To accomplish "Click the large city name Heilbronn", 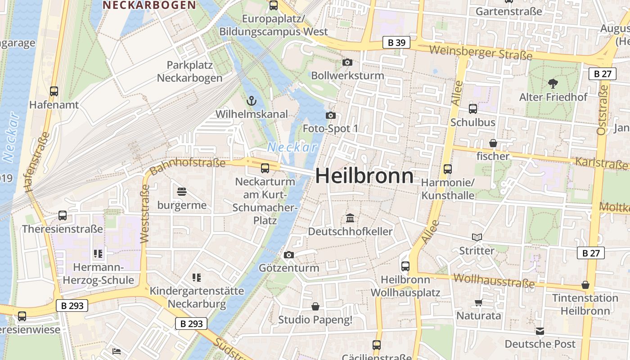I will click(x=364, y=175).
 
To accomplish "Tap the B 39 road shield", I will click(x=396, y=43).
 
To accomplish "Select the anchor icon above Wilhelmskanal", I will click(x=252, y=101).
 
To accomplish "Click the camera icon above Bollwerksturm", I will click(x=347, y=62).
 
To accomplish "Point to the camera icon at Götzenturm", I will click(x=289, y=255).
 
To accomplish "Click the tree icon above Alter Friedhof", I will click(x=553, y=83).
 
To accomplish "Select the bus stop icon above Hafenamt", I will click(x=54, y=91).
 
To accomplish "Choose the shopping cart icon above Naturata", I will click(x=478, y=302).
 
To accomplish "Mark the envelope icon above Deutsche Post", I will click(x=540, y=331).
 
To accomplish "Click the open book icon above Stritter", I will click(x=477, y=237).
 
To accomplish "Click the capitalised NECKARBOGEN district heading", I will click(x=149, y=5).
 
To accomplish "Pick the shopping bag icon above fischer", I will click(x=493, y=143).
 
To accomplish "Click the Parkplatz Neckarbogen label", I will click(x=189, y=72).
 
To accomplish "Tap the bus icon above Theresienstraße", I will click(x=63, y=216).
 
